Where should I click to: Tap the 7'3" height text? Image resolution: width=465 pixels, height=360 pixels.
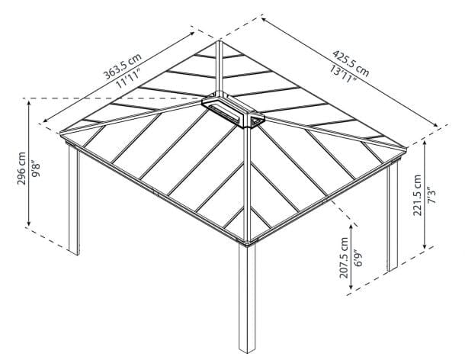point(431,196)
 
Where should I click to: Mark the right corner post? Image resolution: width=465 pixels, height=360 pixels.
point(393,217)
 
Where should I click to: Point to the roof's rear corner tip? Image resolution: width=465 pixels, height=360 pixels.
point(220,37)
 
